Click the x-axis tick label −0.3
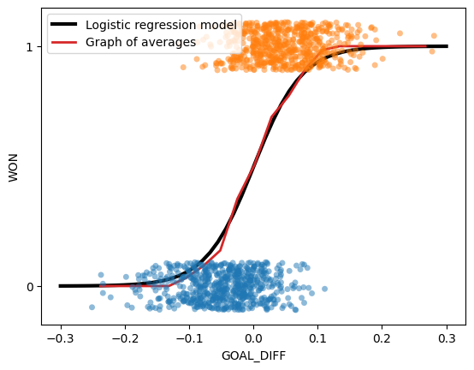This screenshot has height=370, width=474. coord(59,338)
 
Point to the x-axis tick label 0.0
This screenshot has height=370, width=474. coord(253,338)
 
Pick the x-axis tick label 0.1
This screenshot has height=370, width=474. coord(317,338)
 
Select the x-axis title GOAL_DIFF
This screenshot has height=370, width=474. coord(253,355)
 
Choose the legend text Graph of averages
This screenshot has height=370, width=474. coord(141,41)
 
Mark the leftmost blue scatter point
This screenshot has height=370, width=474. coord(92,307)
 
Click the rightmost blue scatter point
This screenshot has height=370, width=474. coord(324,289)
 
